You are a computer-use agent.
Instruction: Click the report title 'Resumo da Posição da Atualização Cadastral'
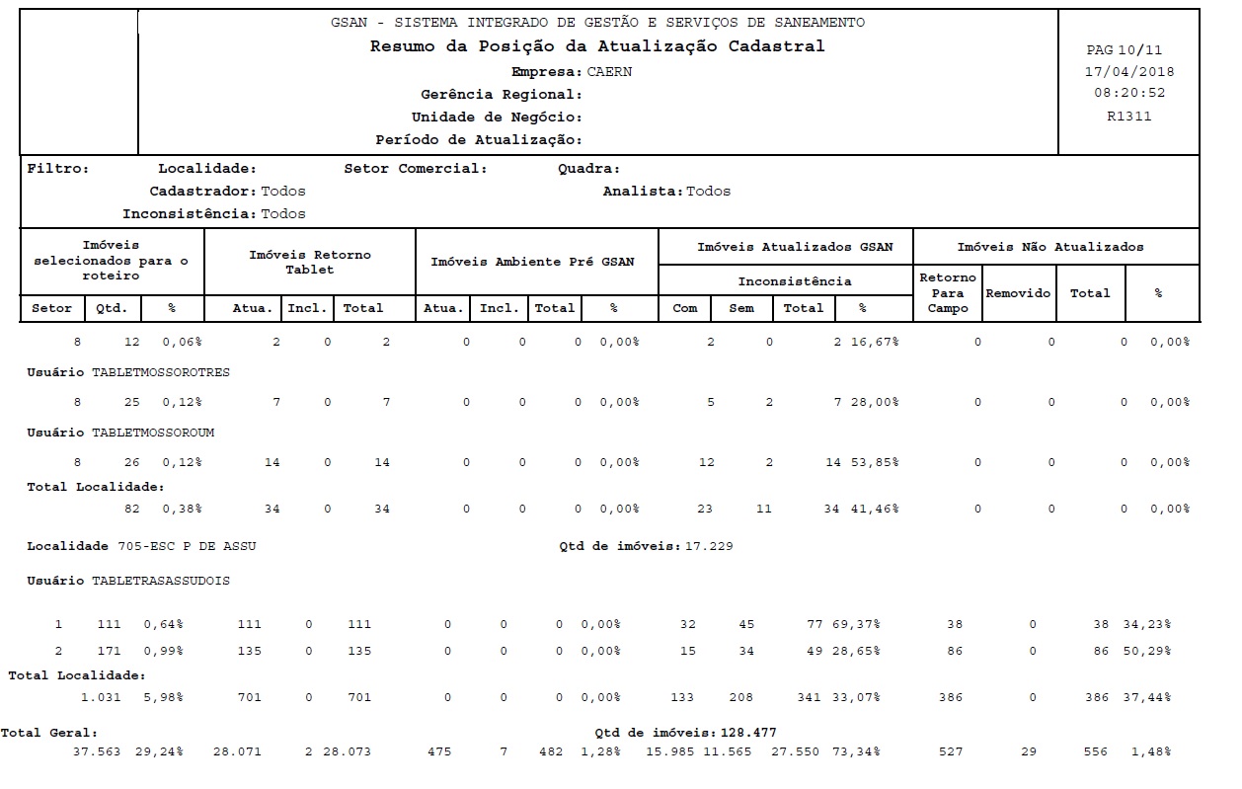(x=596, y=46)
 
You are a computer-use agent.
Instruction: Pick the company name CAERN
(x=609, y=72)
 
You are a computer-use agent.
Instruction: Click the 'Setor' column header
(x=52, y=308)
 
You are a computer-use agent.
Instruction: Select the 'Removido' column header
(x=1018, y=293)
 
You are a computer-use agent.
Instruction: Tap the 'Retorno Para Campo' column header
(x=947, y=293)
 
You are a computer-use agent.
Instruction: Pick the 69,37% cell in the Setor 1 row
(x=860, y=624)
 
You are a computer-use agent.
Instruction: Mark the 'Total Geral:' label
(x=49, y=733)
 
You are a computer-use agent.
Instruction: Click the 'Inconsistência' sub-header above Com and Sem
(x=795, y=281)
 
